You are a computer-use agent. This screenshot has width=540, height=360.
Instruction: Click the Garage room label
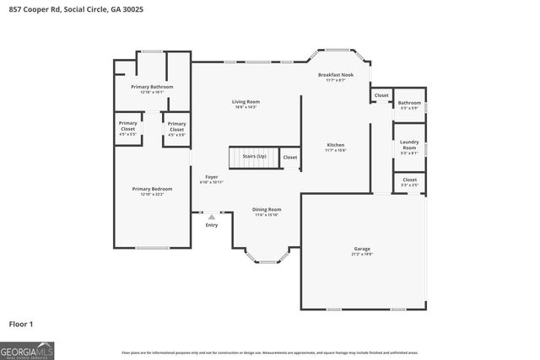pos(361,249)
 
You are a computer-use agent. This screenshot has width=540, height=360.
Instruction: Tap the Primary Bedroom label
pos(152,189)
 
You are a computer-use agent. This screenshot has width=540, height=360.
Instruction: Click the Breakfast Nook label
pos(336,75)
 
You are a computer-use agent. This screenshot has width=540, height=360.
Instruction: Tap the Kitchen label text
pos(336,145)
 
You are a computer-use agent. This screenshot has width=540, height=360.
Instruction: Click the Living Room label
pos(246,102)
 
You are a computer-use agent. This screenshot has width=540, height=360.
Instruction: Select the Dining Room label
pos(267,209)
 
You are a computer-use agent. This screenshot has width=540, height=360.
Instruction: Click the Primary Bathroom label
pos(152,87)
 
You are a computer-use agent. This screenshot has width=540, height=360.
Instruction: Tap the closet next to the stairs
pos(289,157)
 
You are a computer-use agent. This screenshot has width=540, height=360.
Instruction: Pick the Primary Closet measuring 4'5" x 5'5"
pos(128,127)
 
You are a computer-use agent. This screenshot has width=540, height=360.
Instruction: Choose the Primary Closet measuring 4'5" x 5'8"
pos(176,128)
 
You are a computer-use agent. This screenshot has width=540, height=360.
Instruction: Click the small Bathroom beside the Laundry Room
pos(410,104)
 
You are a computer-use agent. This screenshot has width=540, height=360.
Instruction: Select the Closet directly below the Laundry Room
pos(410,180)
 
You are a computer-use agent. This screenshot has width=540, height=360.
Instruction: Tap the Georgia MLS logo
pos(27,350)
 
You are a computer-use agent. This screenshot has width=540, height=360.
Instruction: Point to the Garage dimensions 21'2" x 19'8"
pos(361,254)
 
